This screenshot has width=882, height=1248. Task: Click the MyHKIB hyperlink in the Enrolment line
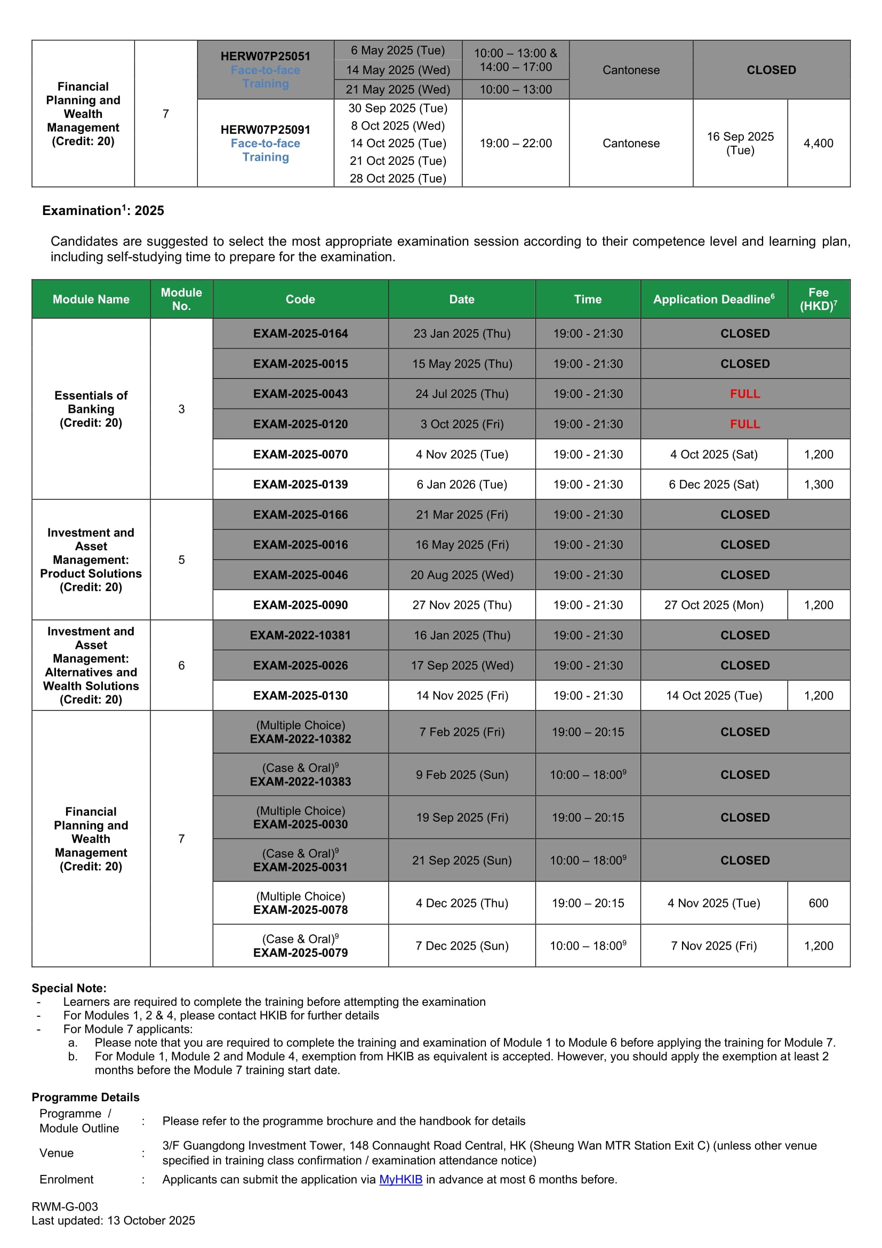click(400, 1180)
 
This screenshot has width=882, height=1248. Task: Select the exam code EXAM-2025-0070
click(300, 455)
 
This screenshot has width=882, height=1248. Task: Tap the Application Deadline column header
click(713, 299)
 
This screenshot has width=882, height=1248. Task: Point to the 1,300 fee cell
click(818, 484)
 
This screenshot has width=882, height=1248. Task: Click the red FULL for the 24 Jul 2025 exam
click(744, 394)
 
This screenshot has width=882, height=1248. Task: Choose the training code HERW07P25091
click(265, 130)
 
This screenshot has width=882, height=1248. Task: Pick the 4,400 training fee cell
click(818, 144)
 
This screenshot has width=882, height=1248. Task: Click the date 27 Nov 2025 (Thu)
click(462, 605)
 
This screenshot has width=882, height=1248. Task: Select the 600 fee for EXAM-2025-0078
click(818, 903)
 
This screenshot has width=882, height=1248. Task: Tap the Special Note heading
click(69, 988)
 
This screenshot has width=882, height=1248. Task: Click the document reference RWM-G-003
click(65, 1207)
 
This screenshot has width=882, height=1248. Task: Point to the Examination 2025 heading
click(103, 211)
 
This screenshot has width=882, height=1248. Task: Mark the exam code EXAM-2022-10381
click(300, 635)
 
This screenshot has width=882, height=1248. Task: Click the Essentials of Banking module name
click(91, 409)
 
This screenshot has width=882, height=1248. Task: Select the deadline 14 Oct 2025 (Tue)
click(713, 696)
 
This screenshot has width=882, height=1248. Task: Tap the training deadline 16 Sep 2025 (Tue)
click(740, 144)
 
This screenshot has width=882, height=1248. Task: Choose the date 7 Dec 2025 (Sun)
click(462, 946)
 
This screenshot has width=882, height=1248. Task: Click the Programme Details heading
click(85, 1097)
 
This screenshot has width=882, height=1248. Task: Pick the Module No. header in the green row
click(181, 299)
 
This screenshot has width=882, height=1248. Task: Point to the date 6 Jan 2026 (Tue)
click(462, 484)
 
